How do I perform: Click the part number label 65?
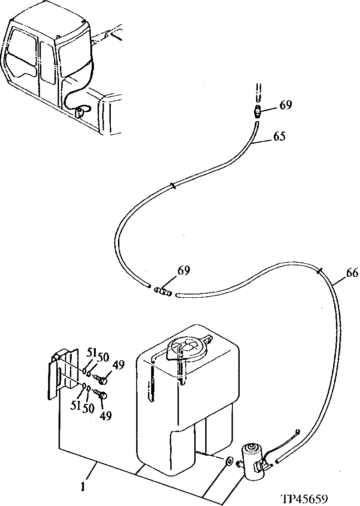coord(279,136)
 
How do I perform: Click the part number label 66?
coord(352,273)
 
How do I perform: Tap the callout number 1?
coord(83,488)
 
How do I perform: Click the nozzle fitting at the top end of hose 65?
coord(258,111)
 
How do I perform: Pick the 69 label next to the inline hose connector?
coord(183,271)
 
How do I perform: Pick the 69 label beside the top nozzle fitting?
coord(286,106)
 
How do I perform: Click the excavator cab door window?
coord(46,61)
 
